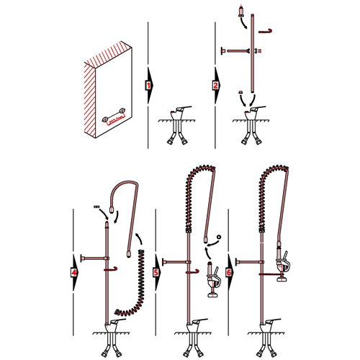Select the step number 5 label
point(156,273)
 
